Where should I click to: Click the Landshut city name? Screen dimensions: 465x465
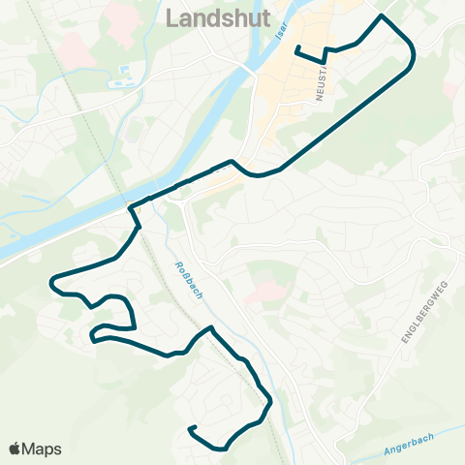tap(218, 17)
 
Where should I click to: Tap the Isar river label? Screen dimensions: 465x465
tap(282, 35)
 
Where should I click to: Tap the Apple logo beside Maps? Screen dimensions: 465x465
tap(15, 449)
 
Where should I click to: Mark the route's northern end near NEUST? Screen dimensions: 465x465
tap(296, 48)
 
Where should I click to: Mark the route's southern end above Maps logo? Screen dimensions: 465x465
tap(192, 428)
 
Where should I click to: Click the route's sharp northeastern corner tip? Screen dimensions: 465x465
tap(382, 16)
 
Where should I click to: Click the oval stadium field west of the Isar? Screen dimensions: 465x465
tap(119, 83)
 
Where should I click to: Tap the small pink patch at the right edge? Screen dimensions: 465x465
tap(451, 89)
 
